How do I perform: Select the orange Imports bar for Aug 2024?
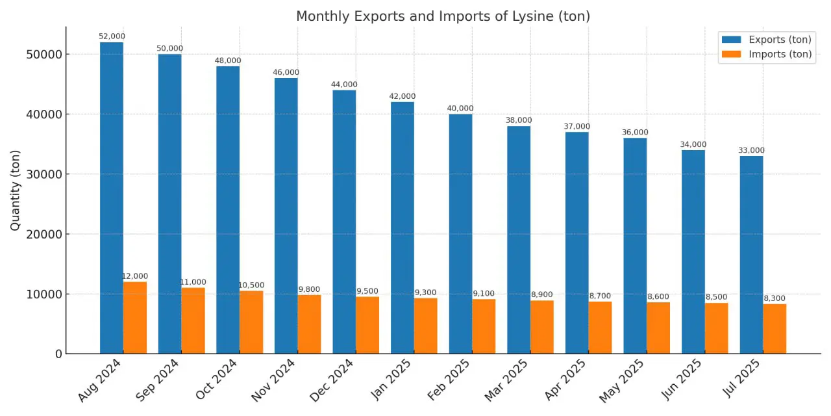[x=135, y=318]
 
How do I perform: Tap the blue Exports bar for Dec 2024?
[x=344, y=222]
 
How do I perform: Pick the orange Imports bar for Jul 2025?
[x=775, y=329]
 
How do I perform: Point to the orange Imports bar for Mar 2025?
[x=542, y=327]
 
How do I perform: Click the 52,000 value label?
[x=112, y=36]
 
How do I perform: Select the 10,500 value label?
[x=251, y=285]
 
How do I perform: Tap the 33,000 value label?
[x=752, y=151]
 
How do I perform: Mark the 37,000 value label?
[x=577, y=127]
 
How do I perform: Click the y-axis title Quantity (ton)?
[x=16, y=190]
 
